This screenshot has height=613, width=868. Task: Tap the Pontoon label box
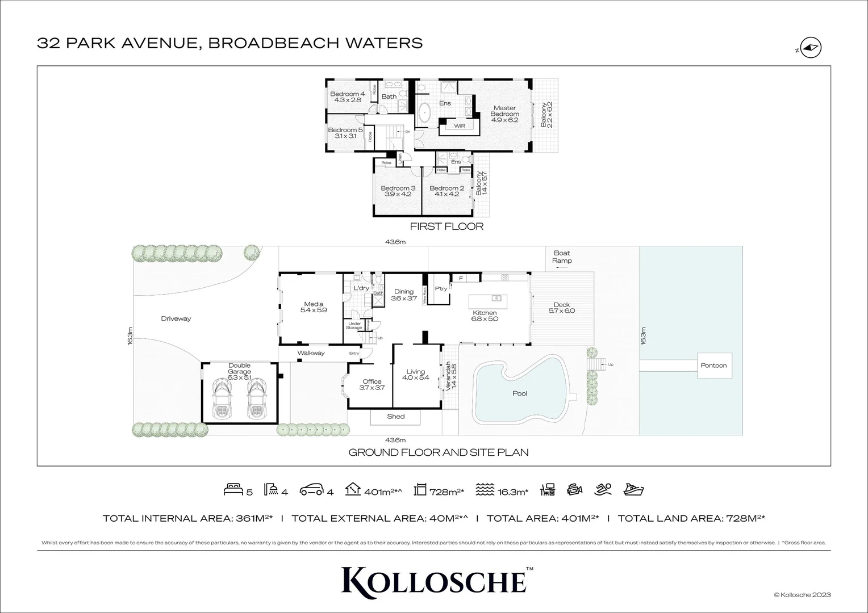(713, 366)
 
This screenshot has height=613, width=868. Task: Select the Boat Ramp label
(562, 257)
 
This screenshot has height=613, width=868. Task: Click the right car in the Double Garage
(257, 398)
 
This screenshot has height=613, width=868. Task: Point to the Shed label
(395, 417)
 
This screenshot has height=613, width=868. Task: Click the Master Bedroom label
(504, 114)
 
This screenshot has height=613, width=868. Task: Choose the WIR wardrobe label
(460, 125)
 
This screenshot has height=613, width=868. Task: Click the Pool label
(519, 393)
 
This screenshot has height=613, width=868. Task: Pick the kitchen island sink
(496, 299)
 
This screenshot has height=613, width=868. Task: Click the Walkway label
(311, 353)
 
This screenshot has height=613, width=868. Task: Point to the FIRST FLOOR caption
(446, 227)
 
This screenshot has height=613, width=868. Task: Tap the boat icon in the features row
(633, 490)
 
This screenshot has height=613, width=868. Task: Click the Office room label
(372, 385)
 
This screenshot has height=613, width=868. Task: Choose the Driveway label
(176, 318)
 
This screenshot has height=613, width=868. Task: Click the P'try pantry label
(441, 288)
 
